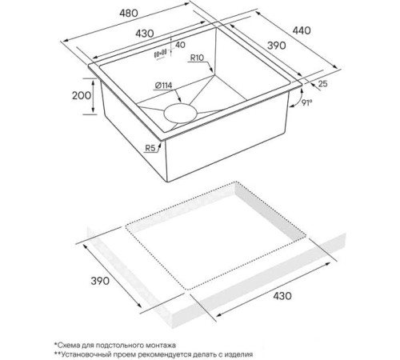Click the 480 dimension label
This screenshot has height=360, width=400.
point(129,13)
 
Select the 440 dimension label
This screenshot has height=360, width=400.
point(302,30)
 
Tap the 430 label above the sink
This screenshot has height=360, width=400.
point(145,34)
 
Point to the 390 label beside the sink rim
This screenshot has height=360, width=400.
point(277,46)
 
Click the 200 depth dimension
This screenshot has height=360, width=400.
point(82,95)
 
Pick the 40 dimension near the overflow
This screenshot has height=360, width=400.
point(180,45)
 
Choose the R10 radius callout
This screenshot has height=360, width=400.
point(197,58)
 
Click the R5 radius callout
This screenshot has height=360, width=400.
point(150,148)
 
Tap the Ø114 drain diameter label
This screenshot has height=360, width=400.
point(163,86)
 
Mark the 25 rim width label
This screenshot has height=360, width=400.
point(322,84)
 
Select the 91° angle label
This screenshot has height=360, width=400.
point(307,102)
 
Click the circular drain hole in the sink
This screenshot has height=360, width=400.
point(181,114)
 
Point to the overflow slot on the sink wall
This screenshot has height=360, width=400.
point(160,54)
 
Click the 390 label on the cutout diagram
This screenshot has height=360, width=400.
point(100,281)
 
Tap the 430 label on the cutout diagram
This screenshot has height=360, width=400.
point(282,296)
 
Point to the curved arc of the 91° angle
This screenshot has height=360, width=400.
point(301,98)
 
